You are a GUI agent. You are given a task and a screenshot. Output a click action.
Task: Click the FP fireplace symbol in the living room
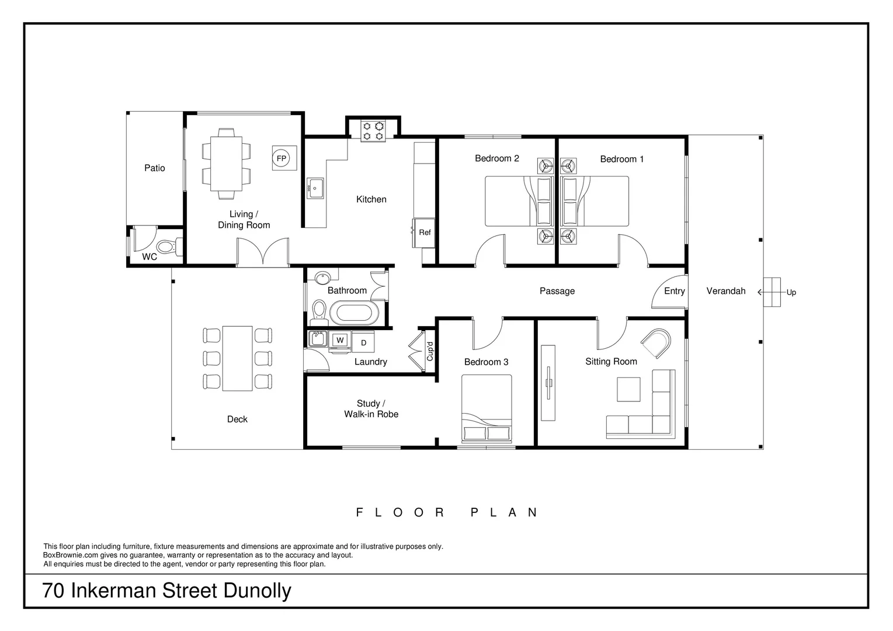click(x=281, y=158)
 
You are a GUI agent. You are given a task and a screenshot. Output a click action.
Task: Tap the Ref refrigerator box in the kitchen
click(x=425, y=233)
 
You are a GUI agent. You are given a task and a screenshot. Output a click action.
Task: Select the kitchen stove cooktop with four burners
click(x=373, y=131)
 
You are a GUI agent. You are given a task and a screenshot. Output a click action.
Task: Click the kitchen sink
click(x=316, y=188)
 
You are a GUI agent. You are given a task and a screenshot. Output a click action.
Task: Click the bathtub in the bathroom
click(x=355, y=313)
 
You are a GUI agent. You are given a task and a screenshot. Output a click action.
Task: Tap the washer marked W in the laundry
click(x=340, y=340)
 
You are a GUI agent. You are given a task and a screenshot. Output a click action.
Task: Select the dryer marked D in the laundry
click(x=363, y=343)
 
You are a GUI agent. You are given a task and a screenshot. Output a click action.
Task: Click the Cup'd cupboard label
click(x=430, y=351)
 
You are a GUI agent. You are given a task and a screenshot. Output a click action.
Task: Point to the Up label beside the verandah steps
click(x=791, y=293)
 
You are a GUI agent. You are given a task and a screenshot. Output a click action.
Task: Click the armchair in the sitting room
click(x=657, y=344)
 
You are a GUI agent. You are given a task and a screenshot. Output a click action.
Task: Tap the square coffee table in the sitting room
click(x=628, y=390)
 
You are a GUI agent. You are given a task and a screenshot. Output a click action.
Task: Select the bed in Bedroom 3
click(x=487, y=408)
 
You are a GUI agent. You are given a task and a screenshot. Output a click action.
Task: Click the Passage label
click(x=557, y=291)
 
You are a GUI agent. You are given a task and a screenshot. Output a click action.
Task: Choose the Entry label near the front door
click(x=674, y=291)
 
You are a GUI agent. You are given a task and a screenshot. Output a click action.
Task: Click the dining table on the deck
click(x=237, y=358)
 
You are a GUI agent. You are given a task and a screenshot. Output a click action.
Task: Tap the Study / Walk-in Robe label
click(x=371, y=409)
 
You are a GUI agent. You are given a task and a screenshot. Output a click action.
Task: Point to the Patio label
click(x=155, y=168)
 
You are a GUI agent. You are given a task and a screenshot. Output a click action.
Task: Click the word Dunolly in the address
click(x=257, y=591)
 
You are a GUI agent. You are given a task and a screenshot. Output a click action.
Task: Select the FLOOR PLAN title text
click(x=447, y=512)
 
